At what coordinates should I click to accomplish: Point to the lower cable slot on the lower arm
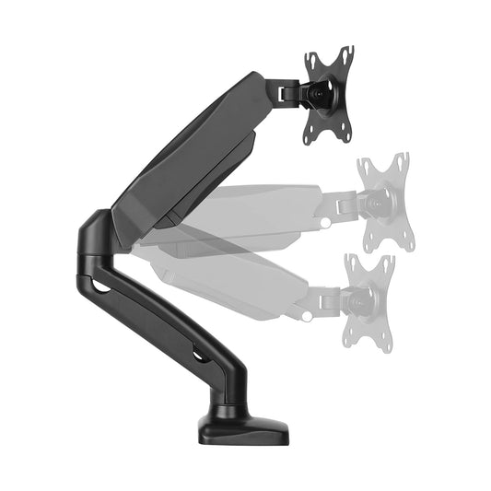197,354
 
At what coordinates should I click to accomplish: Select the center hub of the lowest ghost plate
358,300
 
